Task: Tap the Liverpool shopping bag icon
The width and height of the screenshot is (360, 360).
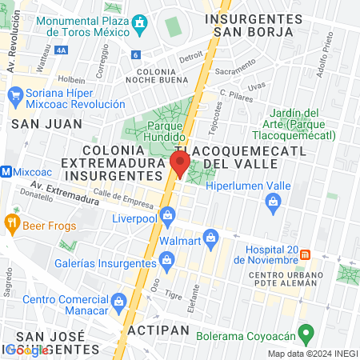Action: (x=167, y=215)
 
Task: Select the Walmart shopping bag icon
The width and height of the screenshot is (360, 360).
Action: (x=210, y=237)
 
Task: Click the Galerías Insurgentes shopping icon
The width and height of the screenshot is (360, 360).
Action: (x=166, y=259)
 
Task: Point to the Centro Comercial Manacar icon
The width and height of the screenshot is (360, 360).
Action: (x=118, y=301)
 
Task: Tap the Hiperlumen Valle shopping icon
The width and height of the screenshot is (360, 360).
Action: (x=273, y=201)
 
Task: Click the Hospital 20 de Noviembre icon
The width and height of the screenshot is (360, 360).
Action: (x=305, y=255)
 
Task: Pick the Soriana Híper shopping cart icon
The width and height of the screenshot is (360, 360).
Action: (x=14, y=95)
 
